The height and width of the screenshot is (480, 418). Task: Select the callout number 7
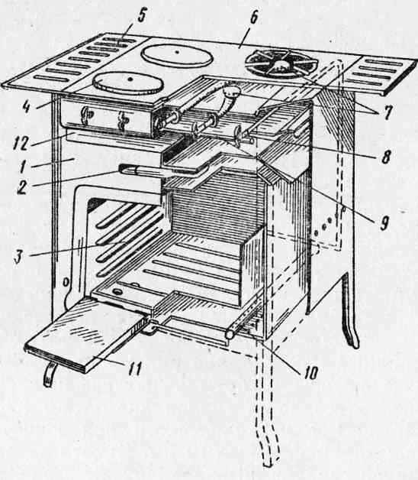pos(387,112)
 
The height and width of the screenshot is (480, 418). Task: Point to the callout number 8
pos(387,157)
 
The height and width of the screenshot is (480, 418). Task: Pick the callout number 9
pos(384,224)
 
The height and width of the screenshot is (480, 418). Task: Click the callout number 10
pos(310,373)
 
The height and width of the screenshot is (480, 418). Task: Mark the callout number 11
pos(133,368)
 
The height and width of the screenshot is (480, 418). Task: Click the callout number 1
pos(22,167)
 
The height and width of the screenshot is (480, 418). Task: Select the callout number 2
pos(21,186)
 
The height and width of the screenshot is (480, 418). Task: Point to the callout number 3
pos(19,257)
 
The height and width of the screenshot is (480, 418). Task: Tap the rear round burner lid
pos(177,55)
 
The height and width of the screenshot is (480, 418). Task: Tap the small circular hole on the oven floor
pos(116,291)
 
